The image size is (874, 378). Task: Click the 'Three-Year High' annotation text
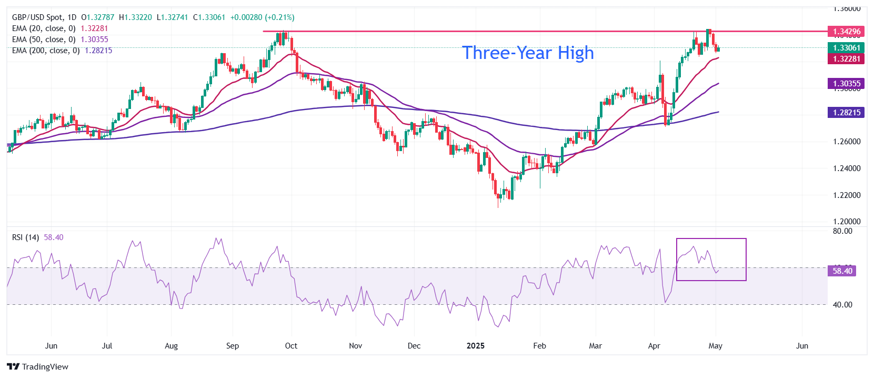tap(528, 53)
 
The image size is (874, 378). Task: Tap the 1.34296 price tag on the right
tap(846, 32)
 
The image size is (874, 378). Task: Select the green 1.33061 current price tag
tap(846, 48)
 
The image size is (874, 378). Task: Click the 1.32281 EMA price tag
tap(846, 58)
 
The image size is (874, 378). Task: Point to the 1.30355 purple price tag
tap(846, 84)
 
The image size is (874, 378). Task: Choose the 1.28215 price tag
tap(846, 112)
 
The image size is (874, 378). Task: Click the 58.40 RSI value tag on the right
tap(842, 271)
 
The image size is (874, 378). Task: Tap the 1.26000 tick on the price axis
tap(847, 142)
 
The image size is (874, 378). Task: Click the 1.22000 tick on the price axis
tap(847, 195)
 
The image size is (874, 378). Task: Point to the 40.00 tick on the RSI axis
tap(842, 305)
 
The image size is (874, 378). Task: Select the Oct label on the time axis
tap(291, 346)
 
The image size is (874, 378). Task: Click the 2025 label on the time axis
tap(476, 346)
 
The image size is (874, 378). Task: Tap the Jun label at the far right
tap(802, 346)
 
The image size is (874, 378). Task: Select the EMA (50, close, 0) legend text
tap(44, 39)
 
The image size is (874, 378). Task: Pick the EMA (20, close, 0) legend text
tap(44, 28)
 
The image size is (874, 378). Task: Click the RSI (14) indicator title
tap(25, 237)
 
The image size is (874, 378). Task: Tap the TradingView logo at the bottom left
tap(38, 366)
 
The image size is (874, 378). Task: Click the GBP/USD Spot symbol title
tap(37, 17)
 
